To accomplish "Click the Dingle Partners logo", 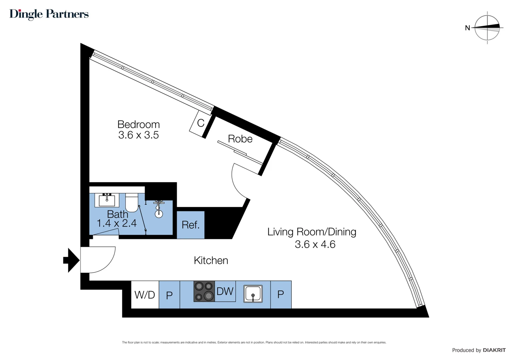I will coord(49,14).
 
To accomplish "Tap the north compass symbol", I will coord(487,28).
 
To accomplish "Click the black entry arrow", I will coord(71,260).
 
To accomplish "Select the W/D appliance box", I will coord(145,295).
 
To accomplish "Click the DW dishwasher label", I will coord(225,291).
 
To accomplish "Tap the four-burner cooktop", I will coord(204,291).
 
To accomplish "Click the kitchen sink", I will coord(253,294).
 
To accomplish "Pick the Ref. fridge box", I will coord(191,225).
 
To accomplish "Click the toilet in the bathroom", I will coord(132,202).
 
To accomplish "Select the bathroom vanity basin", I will coord(107,200).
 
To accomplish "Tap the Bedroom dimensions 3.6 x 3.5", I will coord(139,135).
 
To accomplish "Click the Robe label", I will coord(240,139).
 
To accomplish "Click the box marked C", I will coord(200,123).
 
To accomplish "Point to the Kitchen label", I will coord(211,260).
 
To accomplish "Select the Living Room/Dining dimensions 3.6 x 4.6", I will coord(315,244).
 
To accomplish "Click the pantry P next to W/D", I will coord(169,295).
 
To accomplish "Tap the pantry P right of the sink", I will coord(280,294).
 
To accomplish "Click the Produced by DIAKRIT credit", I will coord(478,350).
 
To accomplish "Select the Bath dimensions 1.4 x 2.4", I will coord(117,223).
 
